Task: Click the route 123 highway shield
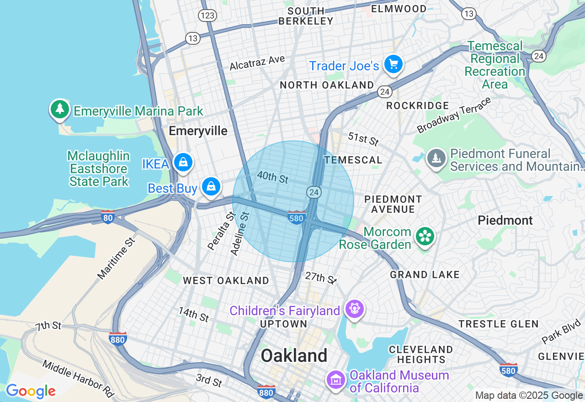(x=207, y=16)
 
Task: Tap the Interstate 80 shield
(x=108, y=217)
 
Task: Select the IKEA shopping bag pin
(x=183, y=162)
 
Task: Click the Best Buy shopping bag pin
(x=211, y=186)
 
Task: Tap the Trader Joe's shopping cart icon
(x=393, y=64)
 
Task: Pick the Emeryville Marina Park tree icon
(x=59, y=110)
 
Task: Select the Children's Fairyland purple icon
(x=355, y=309)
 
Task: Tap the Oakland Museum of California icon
(x=335, y=379)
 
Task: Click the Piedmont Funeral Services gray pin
(x=436, y=158)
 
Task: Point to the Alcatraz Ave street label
(x=257, y=63)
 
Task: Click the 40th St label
(x=273, y=177)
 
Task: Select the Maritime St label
(x=117, y=259)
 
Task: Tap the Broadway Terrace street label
(x=454, y=115)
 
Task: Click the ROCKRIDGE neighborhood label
(x=418, y=106)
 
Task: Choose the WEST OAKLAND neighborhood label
(x=226, y=280)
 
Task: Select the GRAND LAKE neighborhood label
(x=425, y=275)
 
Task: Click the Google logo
(x=31, y=391)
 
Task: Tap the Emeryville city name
(x=198, y=131)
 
